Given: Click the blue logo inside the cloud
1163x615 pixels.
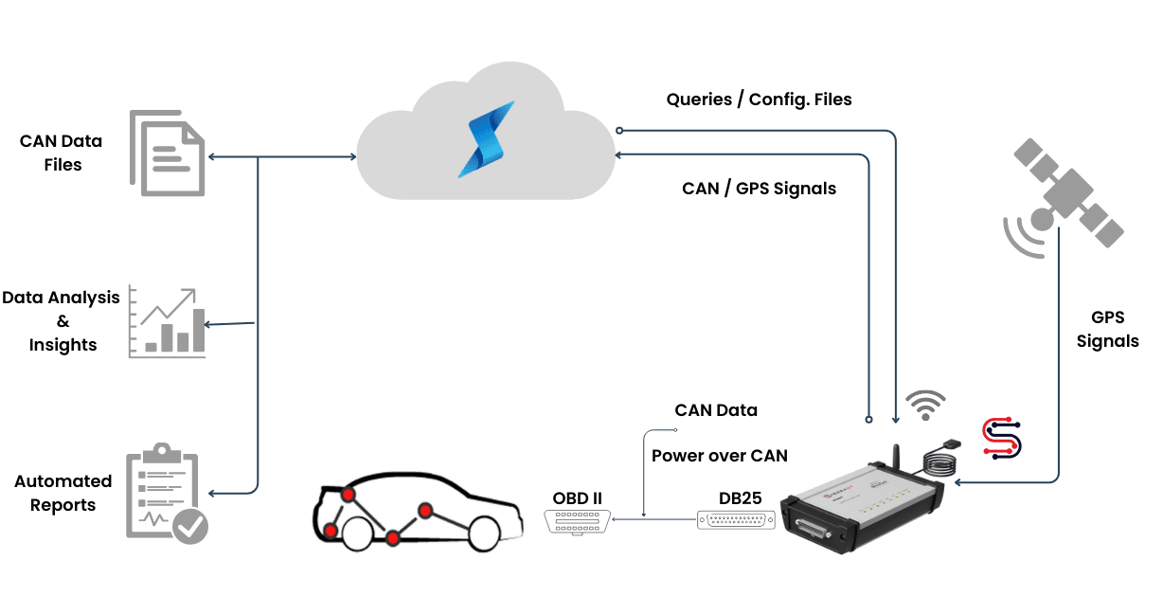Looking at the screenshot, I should coord(485,139).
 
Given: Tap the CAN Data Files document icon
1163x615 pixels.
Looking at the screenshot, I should coord(167,153).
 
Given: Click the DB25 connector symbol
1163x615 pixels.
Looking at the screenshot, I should coord(736,520).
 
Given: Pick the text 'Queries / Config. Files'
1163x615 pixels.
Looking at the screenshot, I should coord(759,99).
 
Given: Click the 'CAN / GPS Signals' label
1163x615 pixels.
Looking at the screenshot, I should coord(759,189).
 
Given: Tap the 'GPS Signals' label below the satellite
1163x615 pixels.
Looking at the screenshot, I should coord(1107,329).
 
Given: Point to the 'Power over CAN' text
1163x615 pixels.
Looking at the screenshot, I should coord(720,456).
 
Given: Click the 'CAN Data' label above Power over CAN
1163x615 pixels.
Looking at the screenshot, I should coord(716,410).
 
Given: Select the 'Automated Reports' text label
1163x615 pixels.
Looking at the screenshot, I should coord(63,493).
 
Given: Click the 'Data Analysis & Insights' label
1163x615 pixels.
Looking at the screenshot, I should coord(63,321).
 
